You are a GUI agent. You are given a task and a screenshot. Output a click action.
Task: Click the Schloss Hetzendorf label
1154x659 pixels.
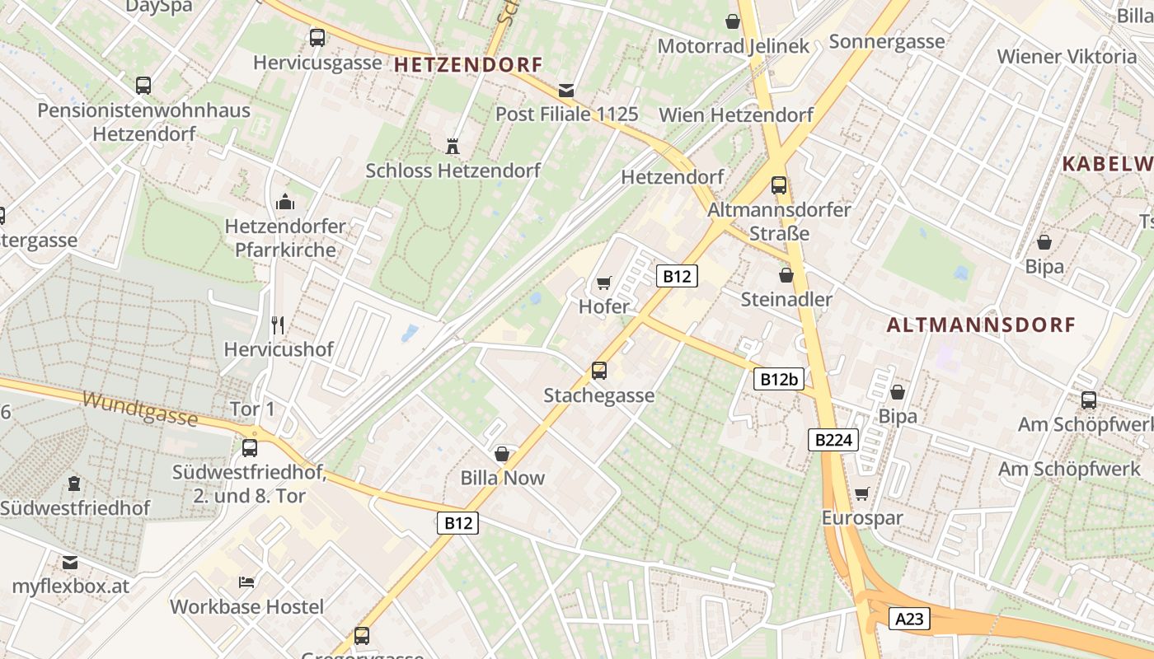pos(453,171)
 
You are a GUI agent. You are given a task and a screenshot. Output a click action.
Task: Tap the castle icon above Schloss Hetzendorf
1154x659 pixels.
pos(452,147)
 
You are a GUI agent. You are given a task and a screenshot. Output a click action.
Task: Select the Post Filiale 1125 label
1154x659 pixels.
pos(567,114)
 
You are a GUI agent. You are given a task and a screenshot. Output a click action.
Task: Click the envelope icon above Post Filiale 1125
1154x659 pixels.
pos(566,90)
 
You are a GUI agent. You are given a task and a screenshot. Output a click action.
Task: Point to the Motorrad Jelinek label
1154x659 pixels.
pos(733,46)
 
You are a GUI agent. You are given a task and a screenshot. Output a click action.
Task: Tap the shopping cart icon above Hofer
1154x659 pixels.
pos(604,283)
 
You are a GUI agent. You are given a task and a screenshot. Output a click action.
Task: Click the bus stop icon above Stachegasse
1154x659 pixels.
pos(599,371)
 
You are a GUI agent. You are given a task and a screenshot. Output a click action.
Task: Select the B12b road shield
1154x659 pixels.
pos(778,379)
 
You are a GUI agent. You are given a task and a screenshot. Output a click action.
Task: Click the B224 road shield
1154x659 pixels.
pos(833,440)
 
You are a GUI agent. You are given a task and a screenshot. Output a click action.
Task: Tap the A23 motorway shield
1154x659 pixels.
pos(909,619)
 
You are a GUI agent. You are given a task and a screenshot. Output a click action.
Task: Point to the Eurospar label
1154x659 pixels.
pos(862,518)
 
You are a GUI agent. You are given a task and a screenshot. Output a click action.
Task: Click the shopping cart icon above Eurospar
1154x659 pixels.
pos(862,494)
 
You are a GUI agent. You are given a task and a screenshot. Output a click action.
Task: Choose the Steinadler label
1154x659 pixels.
pos(786,299)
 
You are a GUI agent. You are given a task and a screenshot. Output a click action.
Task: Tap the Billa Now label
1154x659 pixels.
pos(502,477)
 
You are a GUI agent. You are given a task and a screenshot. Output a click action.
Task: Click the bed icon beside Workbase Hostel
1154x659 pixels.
pos(246,582)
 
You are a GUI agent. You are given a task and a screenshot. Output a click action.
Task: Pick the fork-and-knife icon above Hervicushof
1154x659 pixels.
pos(278,325)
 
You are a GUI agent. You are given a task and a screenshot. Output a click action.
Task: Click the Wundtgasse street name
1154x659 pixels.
pos(140,409)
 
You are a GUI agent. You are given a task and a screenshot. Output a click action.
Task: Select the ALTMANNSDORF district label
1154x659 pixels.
pos(981,325)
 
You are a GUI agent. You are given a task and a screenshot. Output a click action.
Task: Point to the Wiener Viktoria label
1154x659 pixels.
pos(1067,56)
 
